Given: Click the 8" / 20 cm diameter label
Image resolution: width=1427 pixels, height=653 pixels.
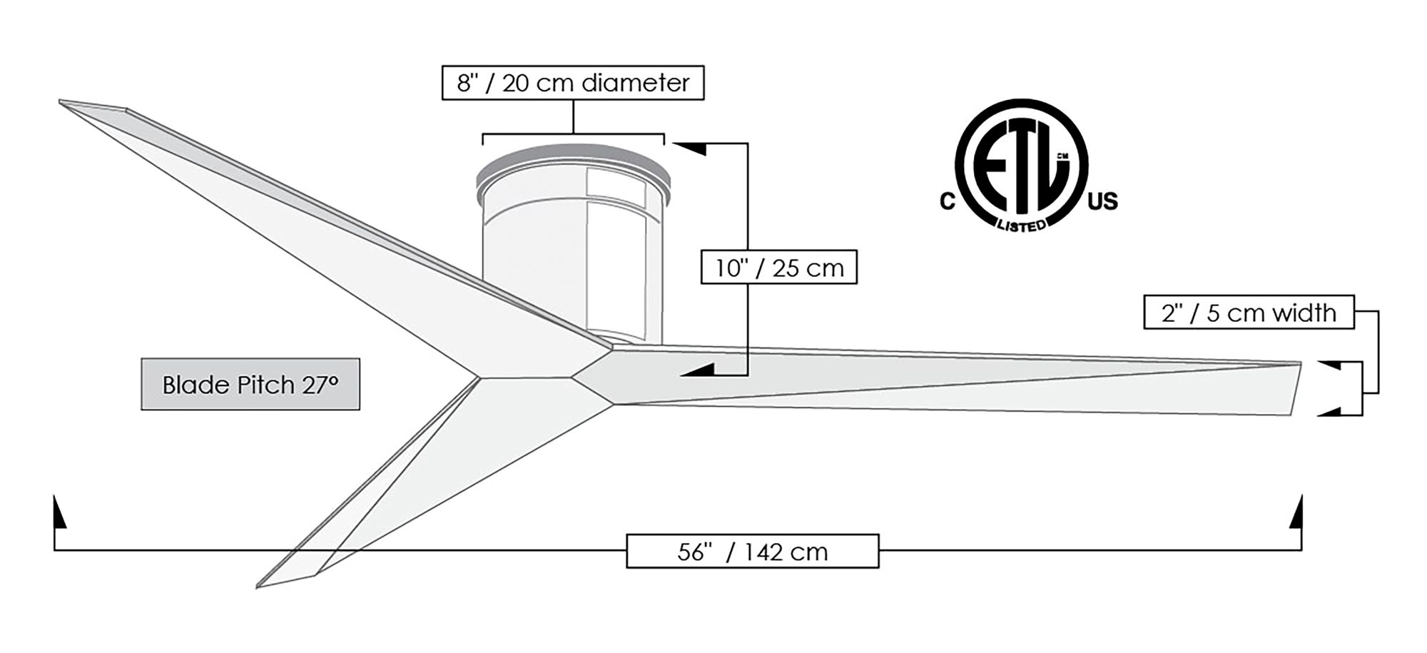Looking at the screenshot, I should (x=573, y=83).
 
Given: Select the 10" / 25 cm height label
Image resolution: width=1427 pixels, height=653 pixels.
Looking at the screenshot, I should (x=778, y=268).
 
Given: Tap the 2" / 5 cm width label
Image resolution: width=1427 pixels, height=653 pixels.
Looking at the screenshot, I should (x=1248, y=313).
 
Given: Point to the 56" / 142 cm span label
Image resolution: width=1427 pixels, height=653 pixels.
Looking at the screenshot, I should (x=752, y=552).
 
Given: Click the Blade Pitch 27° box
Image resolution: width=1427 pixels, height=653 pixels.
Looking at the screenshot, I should (x=250, y=385).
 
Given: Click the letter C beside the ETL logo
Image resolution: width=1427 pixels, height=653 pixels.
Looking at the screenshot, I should (x=947, y=202).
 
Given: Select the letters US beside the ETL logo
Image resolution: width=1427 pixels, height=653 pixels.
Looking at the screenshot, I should (x=1102, y=202).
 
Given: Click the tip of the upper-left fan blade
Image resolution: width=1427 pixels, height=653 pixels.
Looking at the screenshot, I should (x=64, y=103).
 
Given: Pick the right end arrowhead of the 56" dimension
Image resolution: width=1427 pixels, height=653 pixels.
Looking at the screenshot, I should (x=1298, y=514).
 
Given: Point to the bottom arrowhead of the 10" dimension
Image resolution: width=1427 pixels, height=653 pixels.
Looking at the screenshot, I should (x=699, y=370).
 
